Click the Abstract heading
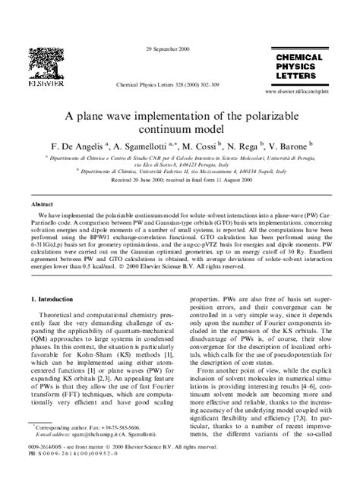point(42,205)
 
